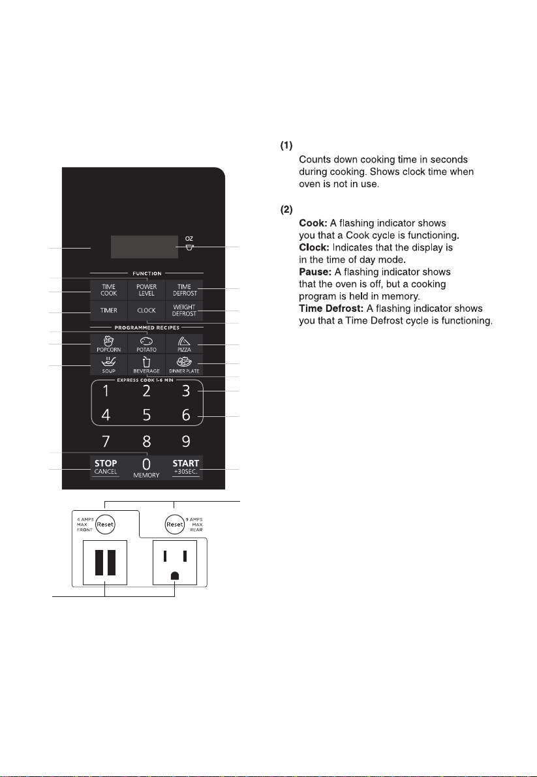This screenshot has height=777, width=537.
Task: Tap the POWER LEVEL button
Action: point(147,290)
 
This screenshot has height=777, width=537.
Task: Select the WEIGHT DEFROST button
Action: point(184,311)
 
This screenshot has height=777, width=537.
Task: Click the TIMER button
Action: point(109,311)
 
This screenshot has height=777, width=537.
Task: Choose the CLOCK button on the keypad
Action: point(147,311)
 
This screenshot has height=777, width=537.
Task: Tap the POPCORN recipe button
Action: point(109,344)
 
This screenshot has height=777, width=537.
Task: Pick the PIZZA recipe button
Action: point(184,344)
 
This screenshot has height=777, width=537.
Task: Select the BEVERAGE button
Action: point(147,365)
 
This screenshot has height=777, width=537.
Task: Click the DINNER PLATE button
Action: point(184,365)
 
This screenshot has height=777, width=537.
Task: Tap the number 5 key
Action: point(147,415)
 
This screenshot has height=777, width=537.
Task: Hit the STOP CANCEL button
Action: point(106,467)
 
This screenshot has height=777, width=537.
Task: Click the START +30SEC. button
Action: point(186,467)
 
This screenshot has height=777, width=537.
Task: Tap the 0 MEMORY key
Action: point(146,467)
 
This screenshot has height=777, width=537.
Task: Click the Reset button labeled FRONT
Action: point(105,525)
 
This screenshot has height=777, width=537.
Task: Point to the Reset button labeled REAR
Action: point(174,525)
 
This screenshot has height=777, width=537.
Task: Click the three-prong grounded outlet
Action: point(175,562)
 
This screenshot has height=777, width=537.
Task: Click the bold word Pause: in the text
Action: point(315,271)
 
